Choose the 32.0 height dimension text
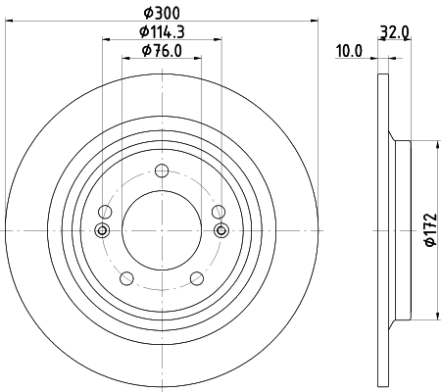(396, 32)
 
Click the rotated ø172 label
(428, 231)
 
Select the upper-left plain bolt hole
(106, 209)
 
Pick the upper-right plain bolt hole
(218, 209)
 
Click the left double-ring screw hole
(101, 230)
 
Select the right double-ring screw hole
(221, 230)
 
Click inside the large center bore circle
(162, 230)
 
